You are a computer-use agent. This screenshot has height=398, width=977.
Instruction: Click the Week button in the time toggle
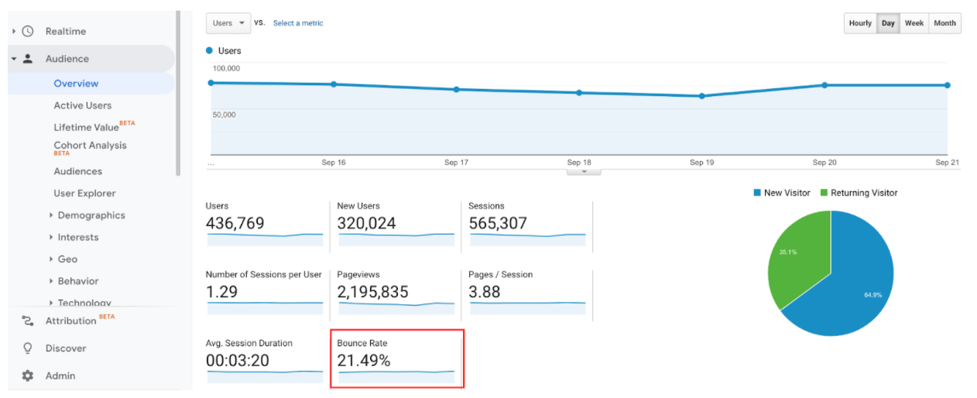914,23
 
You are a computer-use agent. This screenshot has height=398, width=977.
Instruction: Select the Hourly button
860,23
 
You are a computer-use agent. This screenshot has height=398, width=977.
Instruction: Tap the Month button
944,23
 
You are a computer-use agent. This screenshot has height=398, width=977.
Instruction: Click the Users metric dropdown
228,23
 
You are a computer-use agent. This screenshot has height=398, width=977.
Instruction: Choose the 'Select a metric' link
298,23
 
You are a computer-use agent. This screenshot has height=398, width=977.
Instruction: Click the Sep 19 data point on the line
702,96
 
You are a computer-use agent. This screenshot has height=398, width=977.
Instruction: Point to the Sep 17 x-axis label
456,163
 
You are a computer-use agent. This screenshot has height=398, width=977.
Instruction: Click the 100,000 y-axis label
226,68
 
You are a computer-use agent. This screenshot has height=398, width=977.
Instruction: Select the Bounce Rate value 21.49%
364,360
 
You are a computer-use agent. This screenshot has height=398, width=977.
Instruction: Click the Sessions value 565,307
498,224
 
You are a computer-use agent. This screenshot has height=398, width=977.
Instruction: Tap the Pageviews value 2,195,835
372,292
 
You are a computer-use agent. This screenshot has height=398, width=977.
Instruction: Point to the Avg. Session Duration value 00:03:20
238,360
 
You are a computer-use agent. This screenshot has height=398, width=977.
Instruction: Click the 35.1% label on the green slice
788,252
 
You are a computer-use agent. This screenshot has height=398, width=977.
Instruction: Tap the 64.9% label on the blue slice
872,295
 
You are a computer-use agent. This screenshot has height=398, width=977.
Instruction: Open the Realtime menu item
65,32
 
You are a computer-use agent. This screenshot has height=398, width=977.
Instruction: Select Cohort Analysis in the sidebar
90,146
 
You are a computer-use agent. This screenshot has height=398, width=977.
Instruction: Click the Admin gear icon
28,376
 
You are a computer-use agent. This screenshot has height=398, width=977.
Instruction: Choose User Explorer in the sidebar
84,194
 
